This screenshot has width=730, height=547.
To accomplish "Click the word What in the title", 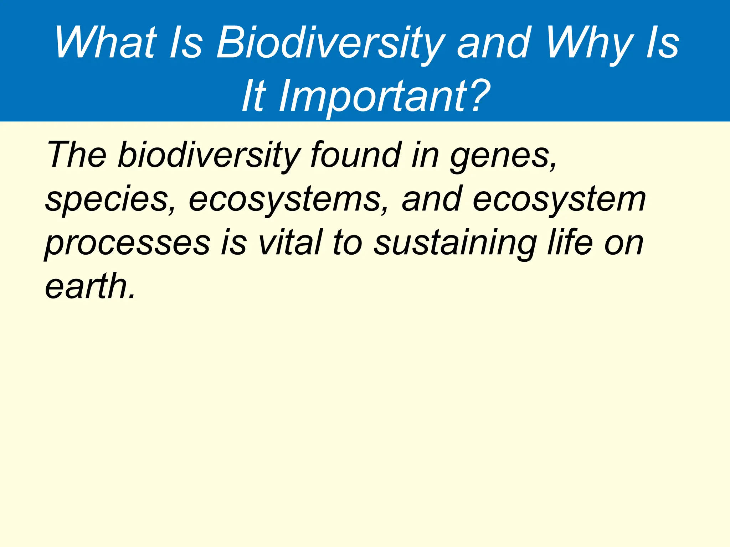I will click(x=106, y=43).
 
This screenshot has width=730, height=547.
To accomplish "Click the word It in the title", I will click(x=254, y=95).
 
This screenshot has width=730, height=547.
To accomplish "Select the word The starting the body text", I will click(x=76, y=155).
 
